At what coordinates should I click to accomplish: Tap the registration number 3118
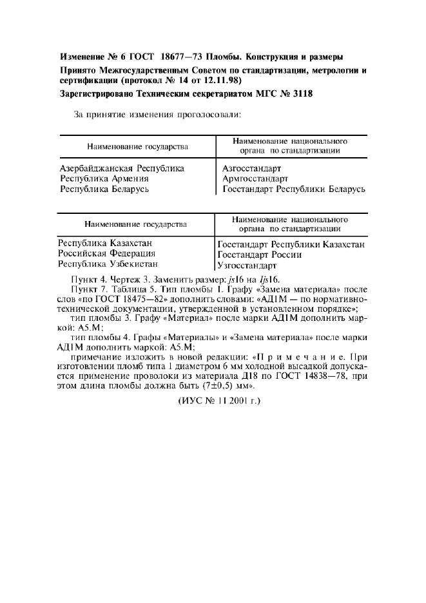301,95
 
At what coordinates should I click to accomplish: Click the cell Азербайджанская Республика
122,168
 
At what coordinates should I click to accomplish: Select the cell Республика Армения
104,178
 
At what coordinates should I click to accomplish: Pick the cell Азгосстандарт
252,168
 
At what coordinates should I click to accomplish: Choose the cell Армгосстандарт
255,178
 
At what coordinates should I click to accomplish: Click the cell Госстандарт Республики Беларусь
294,189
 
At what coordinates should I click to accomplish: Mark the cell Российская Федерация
106,254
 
